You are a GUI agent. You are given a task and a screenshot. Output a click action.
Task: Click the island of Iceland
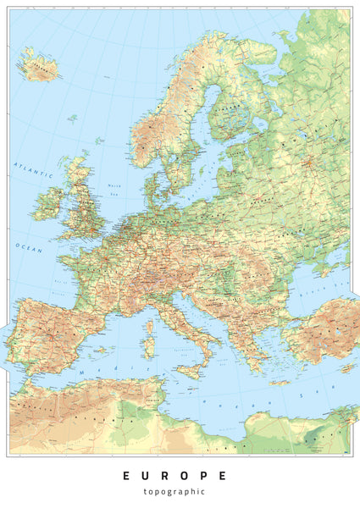coord(38,65)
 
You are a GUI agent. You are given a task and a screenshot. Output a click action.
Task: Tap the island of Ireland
coord(47,203)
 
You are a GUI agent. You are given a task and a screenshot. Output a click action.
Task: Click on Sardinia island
coord(149,347)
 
